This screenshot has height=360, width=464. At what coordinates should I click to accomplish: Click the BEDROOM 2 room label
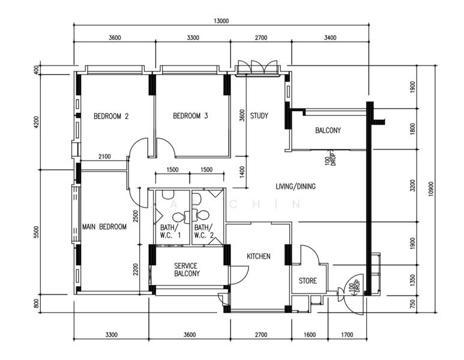point(111,116)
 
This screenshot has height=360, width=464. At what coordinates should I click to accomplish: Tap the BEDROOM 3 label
point(190,116)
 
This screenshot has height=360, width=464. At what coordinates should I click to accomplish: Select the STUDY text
point(259,116)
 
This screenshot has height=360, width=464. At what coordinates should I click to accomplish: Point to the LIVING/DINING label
point(295,187)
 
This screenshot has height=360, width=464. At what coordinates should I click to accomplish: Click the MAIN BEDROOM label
point(104,227)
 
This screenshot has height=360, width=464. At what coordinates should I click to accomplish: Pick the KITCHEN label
point(259,256)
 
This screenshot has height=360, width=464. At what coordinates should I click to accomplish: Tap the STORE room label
point(308,281)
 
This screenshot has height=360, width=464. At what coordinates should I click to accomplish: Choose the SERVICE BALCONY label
point(186,269)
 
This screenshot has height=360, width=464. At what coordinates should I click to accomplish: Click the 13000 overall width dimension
point(220,21)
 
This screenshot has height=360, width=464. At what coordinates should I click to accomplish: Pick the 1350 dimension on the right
point(412,280)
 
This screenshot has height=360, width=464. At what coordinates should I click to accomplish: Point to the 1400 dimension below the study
point(242,171)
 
